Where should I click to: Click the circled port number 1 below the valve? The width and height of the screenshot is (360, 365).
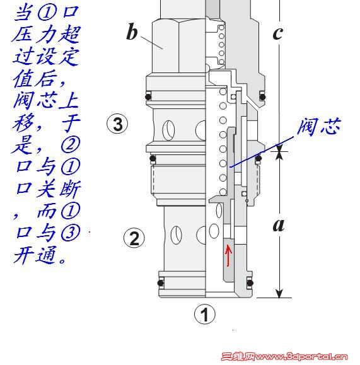tap(205, 314)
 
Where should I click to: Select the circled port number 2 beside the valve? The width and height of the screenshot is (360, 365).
tap(134, 238)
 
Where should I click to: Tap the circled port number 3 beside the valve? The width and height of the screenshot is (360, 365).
tap(117, 124)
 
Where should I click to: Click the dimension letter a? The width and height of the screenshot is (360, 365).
tap(279, 225)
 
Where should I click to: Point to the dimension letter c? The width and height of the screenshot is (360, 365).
tap(278, 33)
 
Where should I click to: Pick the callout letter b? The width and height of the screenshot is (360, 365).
tap(132, 32)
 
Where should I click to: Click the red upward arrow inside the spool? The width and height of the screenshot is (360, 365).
tap(228, 255)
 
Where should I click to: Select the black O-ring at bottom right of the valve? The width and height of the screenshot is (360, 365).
tap(250, 283)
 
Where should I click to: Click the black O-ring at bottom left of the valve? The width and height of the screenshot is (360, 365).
tap(161, 283)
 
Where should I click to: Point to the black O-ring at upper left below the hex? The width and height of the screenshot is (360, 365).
tap(148, 96)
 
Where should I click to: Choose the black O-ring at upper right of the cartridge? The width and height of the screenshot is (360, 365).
tap(263, 96)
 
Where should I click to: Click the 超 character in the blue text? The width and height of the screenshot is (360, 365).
tap(70, 35)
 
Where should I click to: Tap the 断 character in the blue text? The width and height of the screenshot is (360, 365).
tap(71, 188)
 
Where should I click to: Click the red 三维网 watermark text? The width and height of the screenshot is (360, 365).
tap(238, 357)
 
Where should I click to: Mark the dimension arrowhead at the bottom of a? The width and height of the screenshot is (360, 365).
tap(279, 294)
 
